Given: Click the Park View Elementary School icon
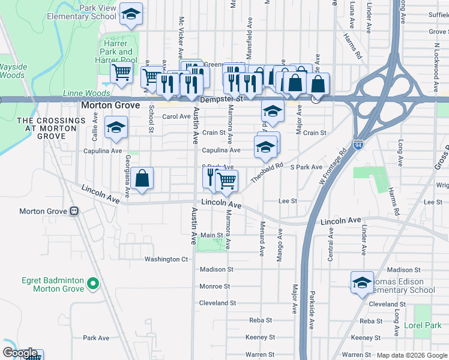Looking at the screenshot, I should coord(130,15).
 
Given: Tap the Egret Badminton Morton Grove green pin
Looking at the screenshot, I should coord(93,283).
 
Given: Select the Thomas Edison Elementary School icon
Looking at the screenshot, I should coord(362,283).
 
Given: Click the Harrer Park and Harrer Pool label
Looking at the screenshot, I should coord(116,52).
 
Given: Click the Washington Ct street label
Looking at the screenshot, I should coord(166,259).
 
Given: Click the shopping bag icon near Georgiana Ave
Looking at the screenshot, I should coord(142,179).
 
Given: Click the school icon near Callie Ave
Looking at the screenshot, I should coord(116,127).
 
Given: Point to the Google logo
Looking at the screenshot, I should coord(20,353).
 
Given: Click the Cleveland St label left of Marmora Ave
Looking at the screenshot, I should coord(214,303).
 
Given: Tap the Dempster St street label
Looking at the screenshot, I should coord(222,98).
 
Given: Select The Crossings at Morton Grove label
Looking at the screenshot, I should coord(51,128).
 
